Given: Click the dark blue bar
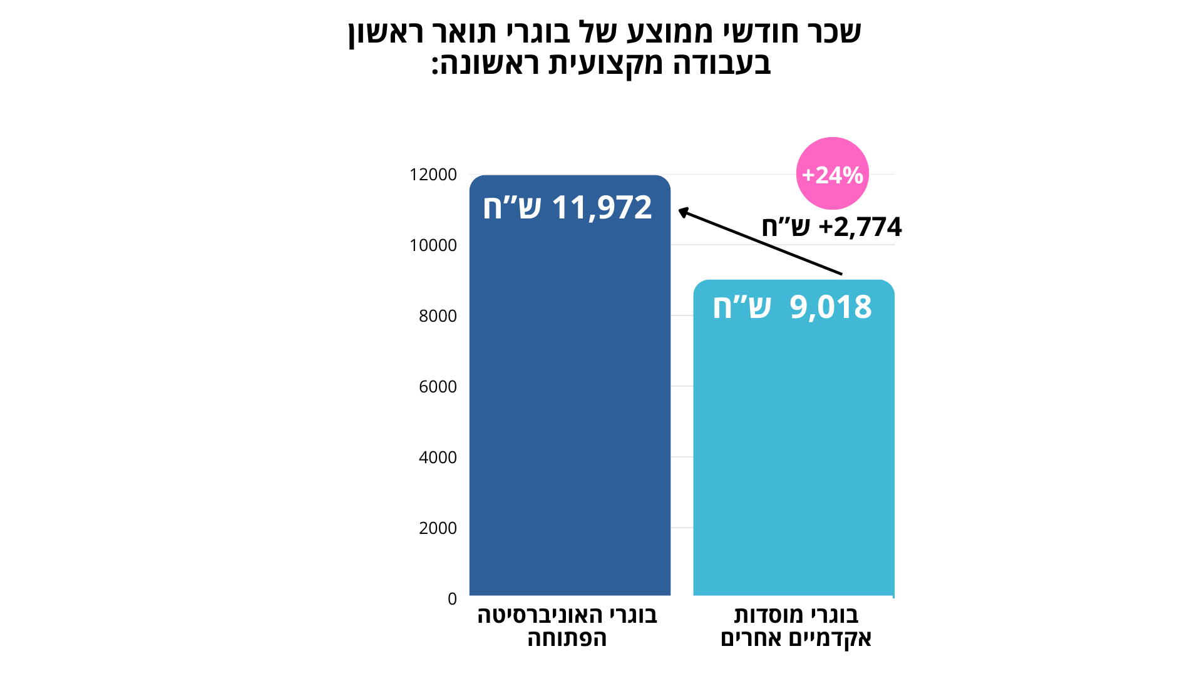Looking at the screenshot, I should (570, 407).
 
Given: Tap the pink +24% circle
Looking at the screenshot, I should (832, 174).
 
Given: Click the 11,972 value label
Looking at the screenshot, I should (567, 207).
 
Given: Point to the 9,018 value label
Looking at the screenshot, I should (792, 307).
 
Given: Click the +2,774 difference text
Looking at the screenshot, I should (831, 227).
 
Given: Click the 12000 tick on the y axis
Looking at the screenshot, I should (433, 175).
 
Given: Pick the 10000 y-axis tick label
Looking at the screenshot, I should (433, 245).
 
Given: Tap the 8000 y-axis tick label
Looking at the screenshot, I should (438, 316).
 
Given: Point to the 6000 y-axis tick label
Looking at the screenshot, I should (438, 387).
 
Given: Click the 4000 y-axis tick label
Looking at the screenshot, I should (438, 458).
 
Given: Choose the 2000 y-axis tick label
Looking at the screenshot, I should (438, 528).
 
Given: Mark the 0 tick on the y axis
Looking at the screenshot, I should (452, 599).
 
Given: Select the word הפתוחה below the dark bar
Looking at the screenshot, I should (567, 638).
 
